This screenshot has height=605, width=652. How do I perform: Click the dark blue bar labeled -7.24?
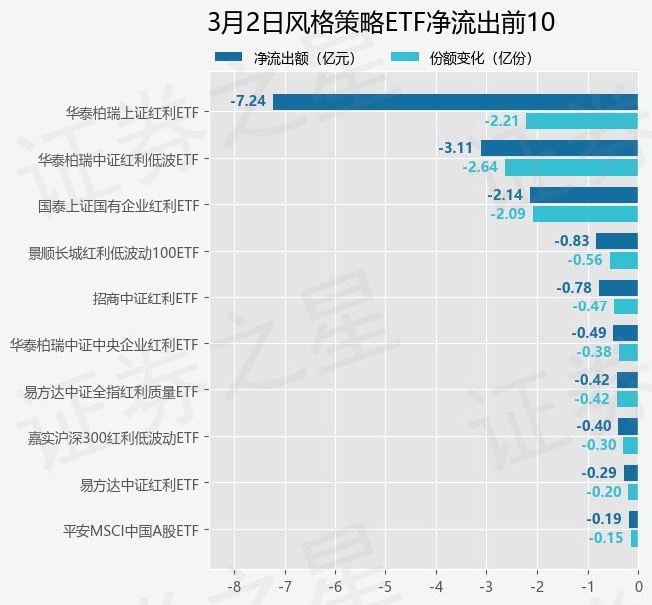(454, 101)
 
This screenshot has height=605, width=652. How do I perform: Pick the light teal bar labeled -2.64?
(571, 167)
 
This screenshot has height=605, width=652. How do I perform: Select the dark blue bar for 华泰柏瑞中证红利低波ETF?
(559, 148)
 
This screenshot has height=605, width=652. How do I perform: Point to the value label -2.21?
(502, 121)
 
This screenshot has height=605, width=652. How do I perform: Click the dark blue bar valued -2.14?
(584, 194)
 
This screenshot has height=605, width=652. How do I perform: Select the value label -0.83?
(572, 241)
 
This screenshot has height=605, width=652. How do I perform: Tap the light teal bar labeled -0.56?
(624, 260)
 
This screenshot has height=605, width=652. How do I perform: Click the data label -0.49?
(589, 333)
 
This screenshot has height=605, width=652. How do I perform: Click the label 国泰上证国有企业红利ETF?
(118, 206)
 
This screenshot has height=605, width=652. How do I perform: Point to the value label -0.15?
(606, 538)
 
